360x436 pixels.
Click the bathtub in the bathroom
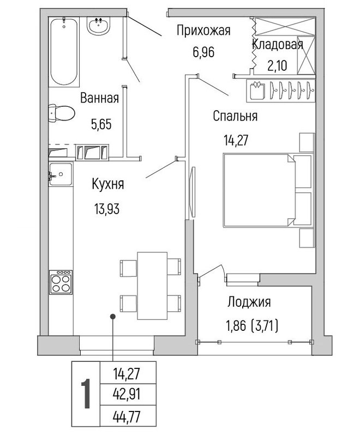(x=64, y=52)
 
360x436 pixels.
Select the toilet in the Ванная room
(x=61, y=113)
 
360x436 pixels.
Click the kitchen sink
(x=61, y=174)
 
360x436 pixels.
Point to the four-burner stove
(x=61, y=282)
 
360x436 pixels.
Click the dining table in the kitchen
(x=152, y=286)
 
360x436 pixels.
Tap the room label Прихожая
(x=203, y=31)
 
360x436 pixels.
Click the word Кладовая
(x=278, y=45)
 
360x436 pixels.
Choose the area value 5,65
(x=101, y=124)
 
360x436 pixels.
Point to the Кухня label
(x=108, y=184)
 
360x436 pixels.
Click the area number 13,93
(x=107, y=209)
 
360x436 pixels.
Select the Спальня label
(x=235, y=116)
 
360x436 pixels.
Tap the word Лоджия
(x=249, y=302)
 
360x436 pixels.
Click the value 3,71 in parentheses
(x=265, y=326)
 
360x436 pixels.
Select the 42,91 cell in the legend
(x=127, y=393)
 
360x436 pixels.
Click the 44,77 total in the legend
(x=127, y=416)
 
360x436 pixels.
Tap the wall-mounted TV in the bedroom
(x=191, y=192)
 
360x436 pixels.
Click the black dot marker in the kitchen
(x=113, y=316)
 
